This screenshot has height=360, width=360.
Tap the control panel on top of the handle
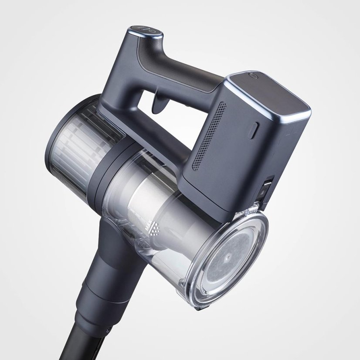pos(145,32)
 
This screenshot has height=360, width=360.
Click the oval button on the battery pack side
pos(254,130)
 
